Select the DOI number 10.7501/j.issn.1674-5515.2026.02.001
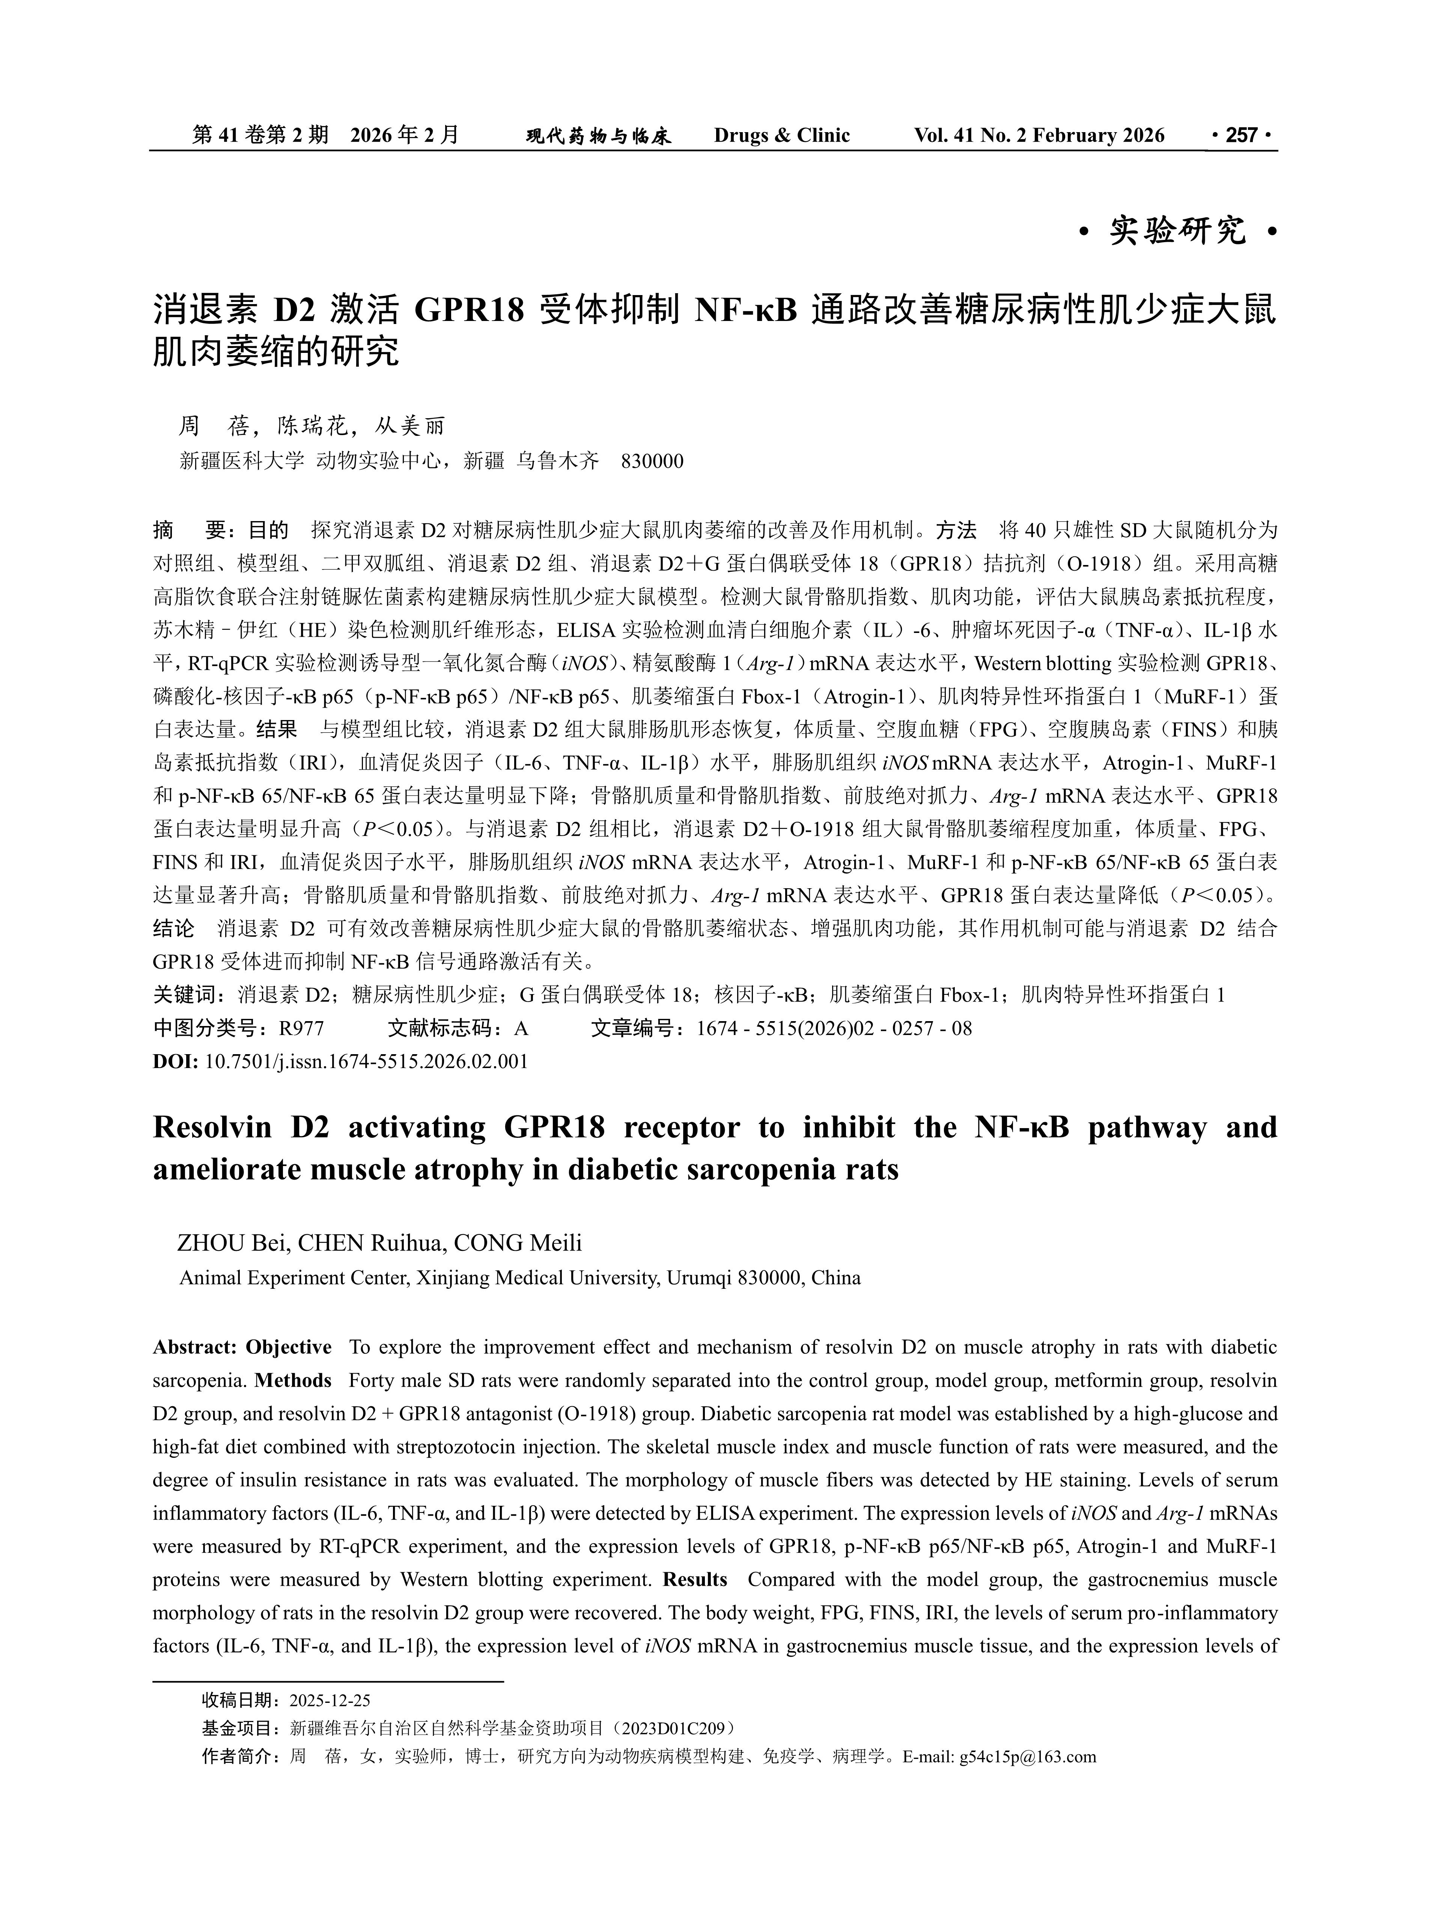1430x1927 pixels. click(x=366, y=1061)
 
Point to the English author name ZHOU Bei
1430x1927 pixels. click(x=232, y=1243)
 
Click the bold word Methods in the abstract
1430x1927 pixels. click(x=294, y=1380)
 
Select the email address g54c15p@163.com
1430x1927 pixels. click(x=1028, y=1757)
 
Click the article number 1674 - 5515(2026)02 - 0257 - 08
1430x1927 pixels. click(x=834, y=1028)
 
